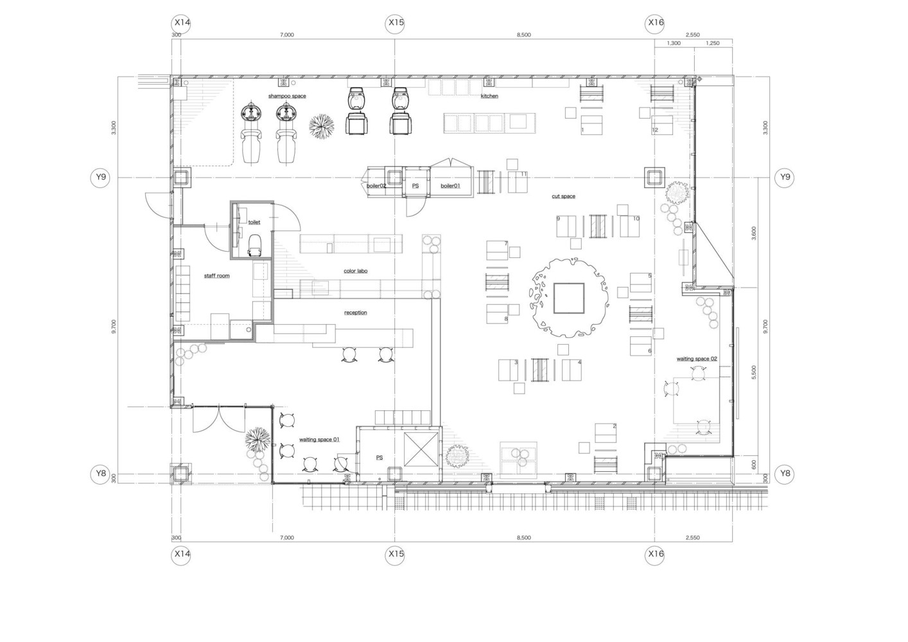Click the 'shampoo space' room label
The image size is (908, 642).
(x=286, y=96)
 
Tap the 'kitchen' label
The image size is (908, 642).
(x=489, y=96)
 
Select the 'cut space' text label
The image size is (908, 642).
(x=563, y=196)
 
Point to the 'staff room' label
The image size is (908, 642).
(x=216, y=275)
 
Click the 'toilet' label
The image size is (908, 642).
(x=254, y=222)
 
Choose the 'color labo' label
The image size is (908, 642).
(x=355, y=271)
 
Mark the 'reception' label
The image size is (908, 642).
(x=355, y=313)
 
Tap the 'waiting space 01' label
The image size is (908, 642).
(x=319, y=440)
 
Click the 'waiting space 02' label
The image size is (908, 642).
(x=697, y=359)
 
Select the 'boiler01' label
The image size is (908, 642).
(x=450, y=186)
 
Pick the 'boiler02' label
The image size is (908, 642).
(x=376, y=186)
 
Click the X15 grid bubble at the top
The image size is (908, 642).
(x=396, y=22)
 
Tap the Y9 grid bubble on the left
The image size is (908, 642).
(x=100, y=177)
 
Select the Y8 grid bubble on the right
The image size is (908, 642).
(x=784, y=474)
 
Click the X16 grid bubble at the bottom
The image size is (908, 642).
(x=656, y=553)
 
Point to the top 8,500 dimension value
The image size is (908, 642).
(x=523, y=35)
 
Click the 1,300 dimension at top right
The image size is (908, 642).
(x=674, y=43)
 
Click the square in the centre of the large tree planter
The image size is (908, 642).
(x=569, y=299)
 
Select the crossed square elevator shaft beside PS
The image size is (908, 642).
(x=420, y=449)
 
